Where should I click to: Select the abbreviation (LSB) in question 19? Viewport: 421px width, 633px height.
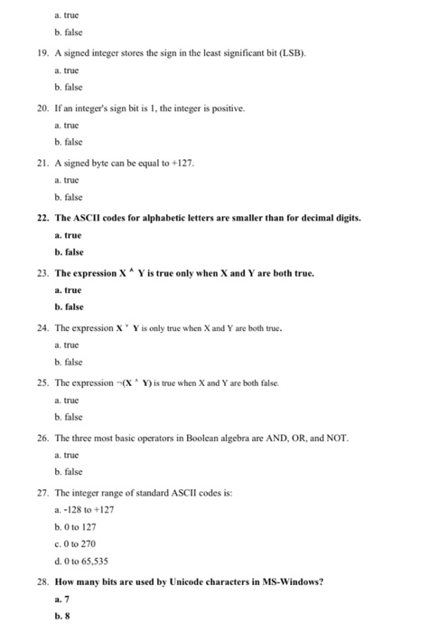291,55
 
